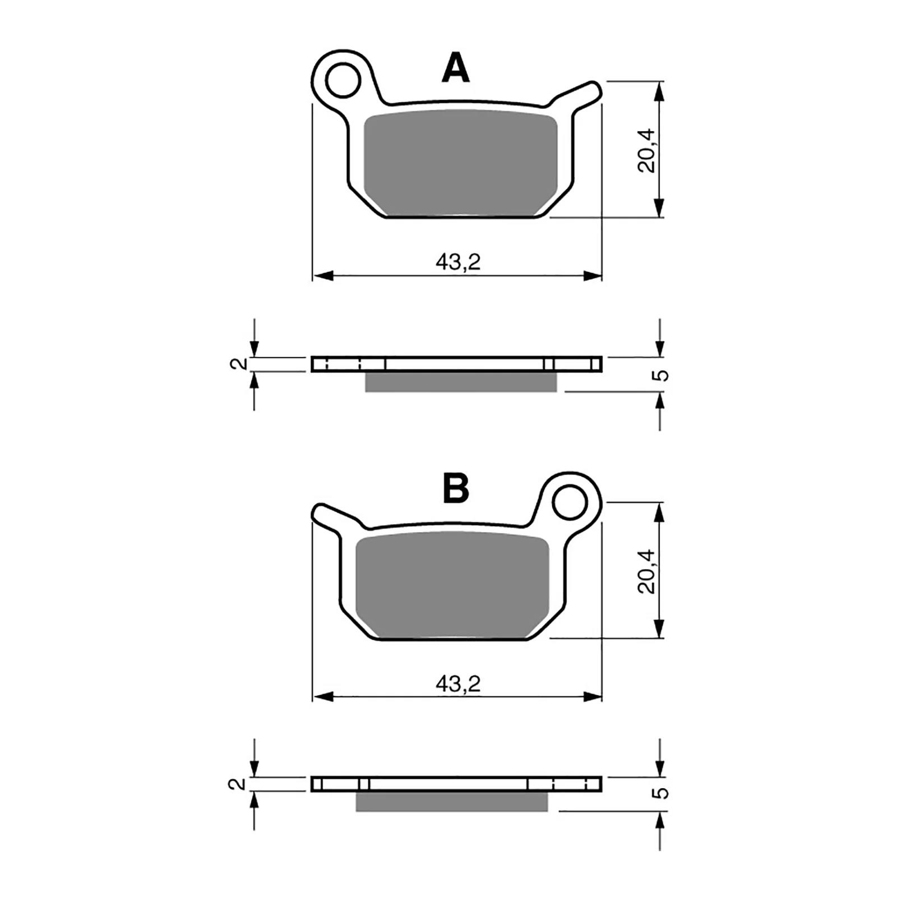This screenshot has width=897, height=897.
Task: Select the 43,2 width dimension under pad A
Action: tap(458, 262)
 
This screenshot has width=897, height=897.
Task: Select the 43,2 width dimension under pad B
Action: tap(458, 683)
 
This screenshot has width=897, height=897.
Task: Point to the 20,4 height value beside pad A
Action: tap(646, 150)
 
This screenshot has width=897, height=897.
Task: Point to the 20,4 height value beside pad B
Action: tap(646, 571)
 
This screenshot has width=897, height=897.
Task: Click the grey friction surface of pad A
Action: tap(460, 163)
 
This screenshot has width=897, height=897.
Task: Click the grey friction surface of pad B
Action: tap(452, 585)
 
